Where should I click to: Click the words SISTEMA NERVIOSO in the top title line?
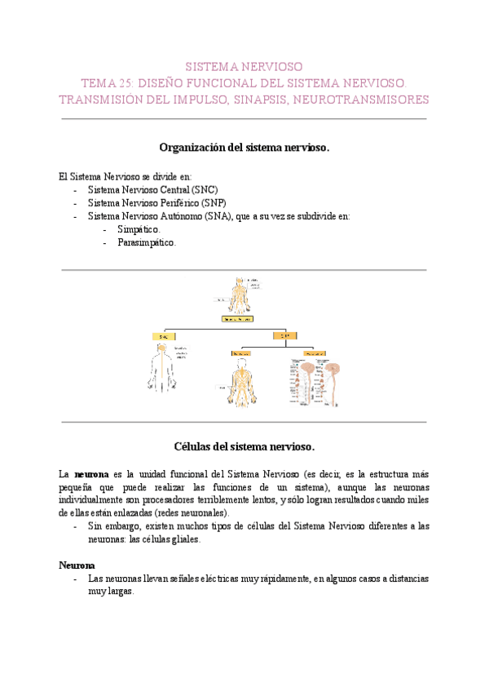click(x=244, y=65)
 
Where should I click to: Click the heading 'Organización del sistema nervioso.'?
click(x=244, y=148)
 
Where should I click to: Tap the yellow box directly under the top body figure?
click(x=238, y=319)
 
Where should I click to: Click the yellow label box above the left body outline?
click(x=163, y=336)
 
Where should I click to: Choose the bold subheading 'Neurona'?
click(x=77, y=565)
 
